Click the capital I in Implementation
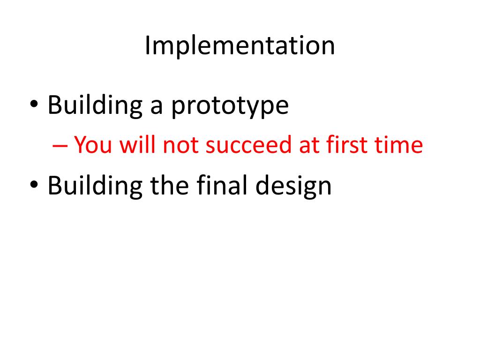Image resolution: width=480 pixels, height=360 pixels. coord(147,45)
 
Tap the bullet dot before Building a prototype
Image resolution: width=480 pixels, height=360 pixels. coord(34,106)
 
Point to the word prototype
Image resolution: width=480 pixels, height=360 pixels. coord(229,107)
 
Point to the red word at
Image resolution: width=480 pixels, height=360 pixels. coord(308,145)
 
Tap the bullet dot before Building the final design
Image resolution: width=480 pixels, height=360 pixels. coord(34,185)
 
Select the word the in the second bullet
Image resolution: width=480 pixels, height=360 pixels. coord(168,185)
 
